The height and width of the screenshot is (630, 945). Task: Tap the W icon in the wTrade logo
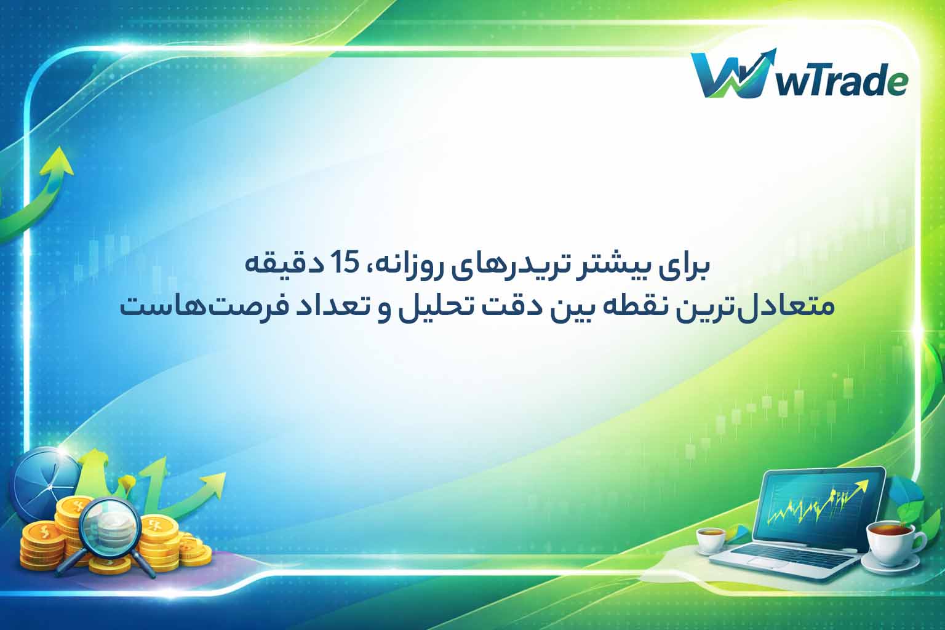tap(730, 76)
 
